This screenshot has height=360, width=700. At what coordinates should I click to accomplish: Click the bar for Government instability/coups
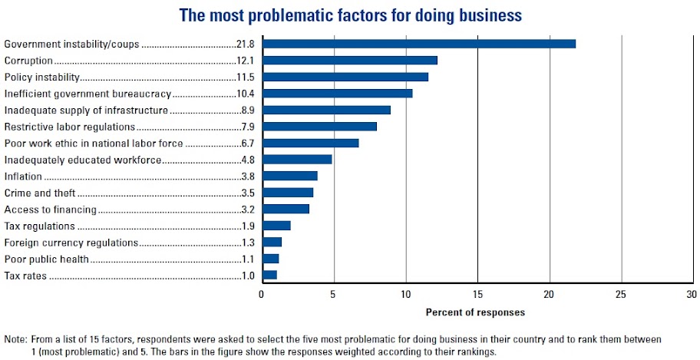click(x=418, y=44)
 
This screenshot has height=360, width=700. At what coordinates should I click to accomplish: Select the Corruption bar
click(x=349, y=60)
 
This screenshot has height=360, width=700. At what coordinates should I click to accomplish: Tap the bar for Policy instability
click(x=345, y=77)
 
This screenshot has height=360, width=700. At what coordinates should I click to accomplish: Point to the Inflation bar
click(x=289, y=176)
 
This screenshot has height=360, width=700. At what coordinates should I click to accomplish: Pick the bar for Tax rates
click(x=269, y=275)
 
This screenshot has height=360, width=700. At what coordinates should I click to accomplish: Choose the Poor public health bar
click(x=270, y=259)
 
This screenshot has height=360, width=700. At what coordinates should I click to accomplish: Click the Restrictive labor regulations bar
click(x=319, y=126)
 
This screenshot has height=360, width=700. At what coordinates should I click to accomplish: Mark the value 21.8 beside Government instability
click(x=246, y=44)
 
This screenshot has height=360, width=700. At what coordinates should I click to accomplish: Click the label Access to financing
click(x=51, y=209)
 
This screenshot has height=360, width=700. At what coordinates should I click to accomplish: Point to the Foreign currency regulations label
click(x=71, y=243)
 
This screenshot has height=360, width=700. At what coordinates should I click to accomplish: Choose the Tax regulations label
click(x=40, y=226)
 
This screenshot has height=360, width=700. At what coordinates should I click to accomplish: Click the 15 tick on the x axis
click(x=477, y=294)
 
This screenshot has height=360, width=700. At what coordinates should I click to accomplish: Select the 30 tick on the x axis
click(x=692, y=294)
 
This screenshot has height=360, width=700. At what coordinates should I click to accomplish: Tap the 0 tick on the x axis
click(x=262, y=294)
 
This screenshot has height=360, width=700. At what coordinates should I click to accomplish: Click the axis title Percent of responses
click(x=476, y=312)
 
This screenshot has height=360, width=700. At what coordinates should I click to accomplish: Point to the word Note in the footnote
click(x=15, y=339)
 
